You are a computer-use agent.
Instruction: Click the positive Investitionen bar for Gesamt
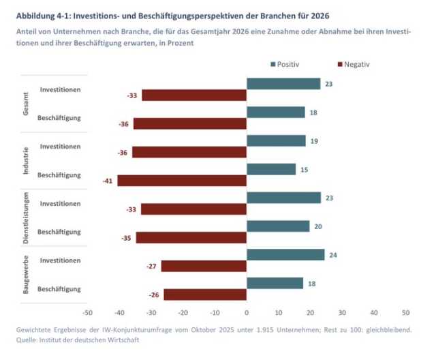(283, 84)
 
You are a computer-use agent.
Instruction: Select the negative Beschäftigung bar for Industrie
(182, 181)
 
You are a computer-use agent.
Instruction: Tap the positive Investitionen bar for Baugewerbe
(285, 254)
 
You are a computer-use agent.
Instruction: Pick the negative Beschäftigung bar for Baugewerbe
(205, 295)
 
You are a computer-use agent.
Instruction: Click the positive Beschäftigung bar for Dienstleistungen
(278, 226)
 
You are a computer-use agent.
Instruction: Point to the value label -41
(107, 181)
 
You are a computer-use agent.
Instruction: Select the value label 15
(304, 169)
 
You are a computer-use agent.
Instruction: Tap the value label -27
(151, 266)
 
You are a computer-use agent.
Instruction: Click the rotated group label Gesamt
(27, 104)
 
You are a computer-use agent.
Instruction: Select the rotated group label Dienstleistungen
(27, 217)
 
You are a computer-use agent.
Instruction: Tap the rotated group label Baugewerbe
(27, 275)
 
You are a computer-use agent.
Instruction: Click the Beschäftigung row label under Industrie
(60, 175)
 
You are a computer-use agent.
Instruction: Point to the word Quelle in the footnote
(27, 339)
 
